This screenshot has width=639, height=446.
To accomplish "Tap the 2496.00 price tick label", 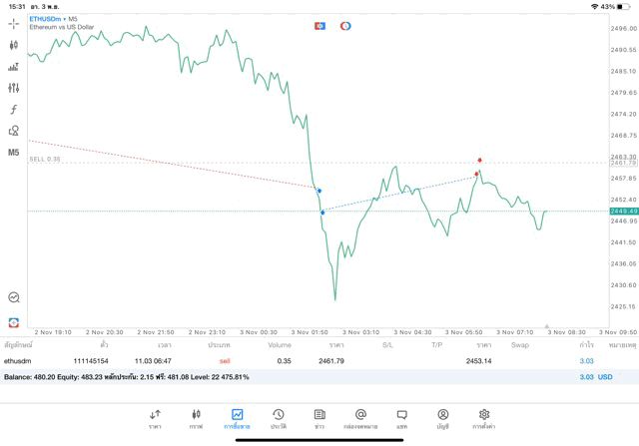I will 624,29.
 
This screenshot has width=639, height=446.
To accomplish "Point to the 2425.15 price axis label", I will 624,306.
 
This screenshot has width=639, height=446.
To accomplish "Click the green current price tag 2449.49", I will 624,212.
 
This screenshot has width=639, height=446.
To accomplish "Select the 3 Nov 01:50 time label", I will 310,332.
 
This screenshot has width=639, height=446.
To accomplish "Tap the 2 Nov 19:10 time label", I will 53,332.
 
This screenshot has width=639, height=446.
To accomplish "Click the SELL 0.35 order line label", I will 45,159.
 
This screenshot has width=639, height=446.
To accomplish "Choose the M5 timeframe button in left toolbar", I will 13,153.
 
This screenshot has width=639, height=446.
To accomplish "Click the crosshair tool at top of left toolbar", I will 13,23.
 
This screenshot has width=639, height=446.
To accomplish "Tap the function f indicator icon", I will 13,110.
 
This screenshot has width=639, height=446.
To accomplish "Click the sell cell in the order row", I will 225,360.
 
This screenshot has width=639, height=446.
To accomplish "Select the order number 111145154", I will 91,360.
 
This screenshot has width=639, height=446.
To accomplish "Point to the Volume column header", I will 280,345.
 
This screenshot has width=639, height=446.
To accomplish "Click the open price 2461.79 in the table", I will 331,360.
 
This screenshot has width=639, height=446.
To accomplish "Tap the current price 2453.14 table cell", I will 478,360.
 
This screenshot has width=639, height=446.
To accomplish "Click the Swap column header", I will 520,345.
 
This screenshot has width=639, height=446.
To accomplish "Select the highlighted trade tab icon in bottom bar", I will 237,418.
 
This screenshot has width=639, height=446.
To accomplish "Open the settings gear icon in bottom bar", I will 484,418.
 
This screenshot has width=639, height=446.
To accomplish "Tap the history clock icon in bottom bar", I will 279,418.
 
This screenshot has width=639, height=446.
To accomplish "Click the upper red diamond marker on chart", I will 480,160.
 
